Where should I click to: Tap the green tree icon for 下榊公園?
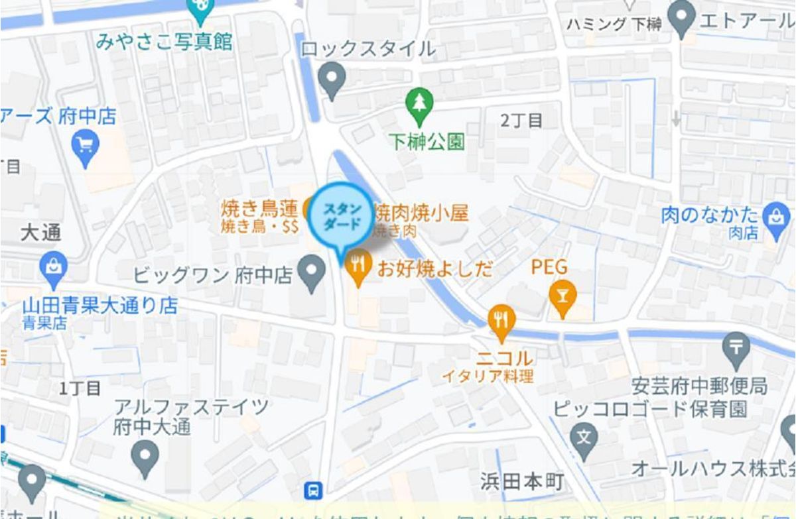[419, 105]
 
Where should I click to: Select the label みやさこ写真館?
[164, 42]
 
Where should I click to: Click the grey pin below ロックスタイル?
[332, 78]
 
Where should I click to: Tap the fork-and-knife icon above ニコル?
[501, 321]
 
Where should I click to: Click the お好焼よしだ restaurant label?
[435, 268]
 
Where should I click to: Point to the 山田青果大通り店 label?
[100, 306]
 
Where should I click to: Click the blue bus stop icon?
[314, 490]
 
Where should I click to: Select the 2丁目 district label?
[521, 120]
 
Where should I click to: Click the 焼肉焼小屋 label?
[421, 213]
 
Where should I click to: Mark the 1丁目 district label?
[80, 388]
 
